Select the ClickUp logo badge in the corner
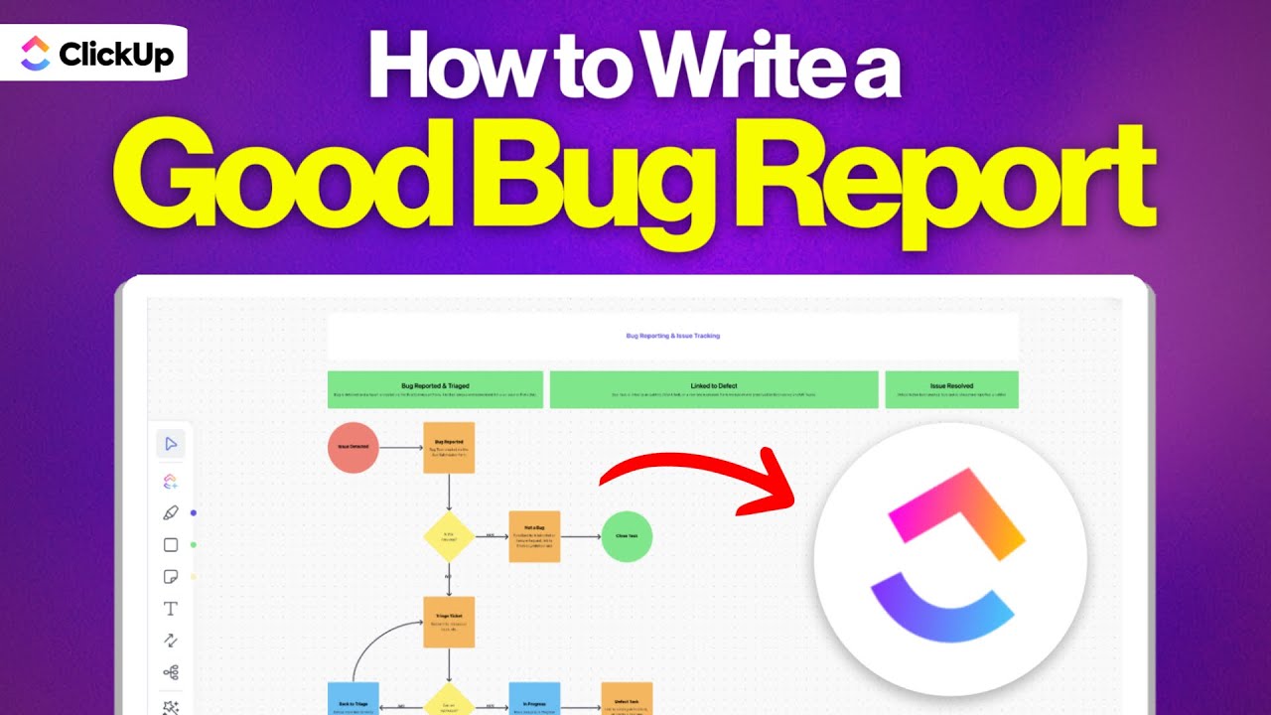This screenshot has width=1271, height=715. coord(93,54)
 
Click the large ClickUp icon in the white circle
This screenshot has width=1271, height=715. coord(948,561)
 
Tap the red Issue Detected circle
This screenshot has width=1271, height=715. coord(353,448)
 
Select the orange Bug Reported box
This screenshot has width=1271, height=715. coord(449,447)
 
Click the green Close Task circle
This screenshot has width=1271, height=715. coord(627,536)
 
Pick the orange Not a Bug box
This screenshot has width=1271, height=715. coord(534,536)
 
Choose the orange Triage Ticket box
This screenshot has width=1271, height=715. coord(449,623)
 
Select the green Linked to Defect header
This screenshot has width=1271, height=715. coord(714,389)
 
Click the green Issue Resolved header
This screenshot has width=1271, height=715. coord(951,389)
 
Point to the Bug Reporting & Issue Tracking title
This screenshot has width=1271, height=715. coord(672,337)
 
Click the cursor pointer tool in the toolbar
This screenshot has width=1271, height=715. coord(171,444)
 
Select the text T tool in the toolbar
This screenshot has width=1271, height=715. coord(171,609)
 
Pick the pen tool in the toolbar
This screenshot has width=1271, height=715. coord(171,513)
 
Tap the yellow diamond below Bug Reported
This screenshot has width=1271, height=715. coord(449,536)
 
